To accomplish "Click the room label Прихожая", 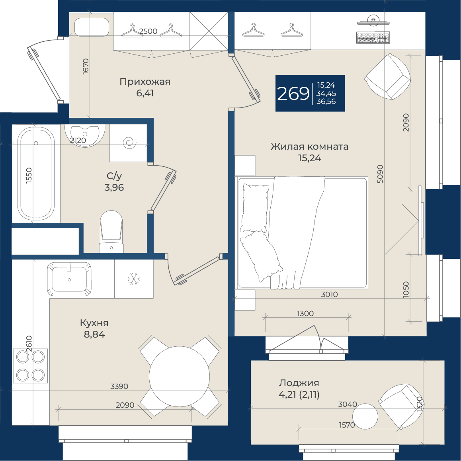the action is tap(145, 82).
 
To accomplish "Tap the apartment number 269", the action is tap(293, 94).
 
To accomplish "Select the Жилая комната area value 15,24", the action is tap(310, 158).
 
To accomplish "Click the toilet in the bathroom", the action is tap(111, 231).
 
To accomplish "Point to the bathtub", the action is tap(36, 174).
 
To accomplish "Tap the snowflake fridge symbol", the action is tap(134, 278).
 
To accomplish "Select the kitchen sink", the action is tap(69, 279).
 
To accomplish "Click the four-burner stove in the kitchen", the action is tap(30, 366).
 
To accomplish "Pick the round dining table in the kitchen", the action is tap(179, 376).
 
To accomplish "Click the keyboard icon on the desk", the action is tap(373, 38).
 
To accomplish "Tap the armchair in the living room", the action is tap(387, 77).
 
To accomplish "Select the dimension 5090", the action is tap(380, 174).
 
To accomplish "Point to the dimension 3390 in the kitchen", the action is tap(119, 386).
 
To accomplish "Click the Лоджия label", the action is tap(299, 383).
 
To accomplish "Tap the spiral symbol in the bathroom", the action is tap(129, 143).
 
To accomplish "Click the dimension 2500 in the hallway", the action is tap(148, 31).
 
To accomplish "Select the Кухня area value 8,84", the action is tap(94, 334).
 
